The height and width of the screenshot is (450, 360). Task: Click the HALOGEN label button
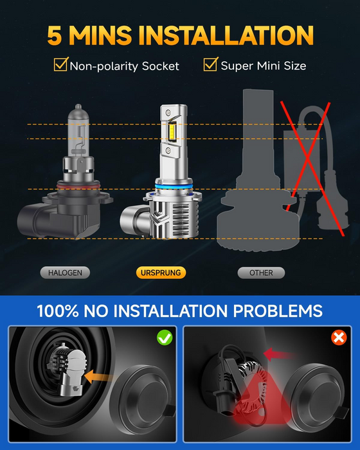(x=65, y=273)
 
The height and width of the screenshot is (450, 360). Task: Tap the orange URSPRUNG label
(x=161, y=273)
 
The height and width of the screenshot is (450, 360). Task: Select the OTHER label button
(x=261, y=273)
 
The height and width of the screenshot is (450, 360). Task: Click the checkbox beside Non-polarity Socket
(x=61, y=64)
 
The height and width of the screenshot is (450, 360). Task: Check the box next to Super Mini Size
(x=211, y=64)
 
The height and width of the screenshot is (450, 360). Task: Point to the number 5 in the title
(x=55, y=35)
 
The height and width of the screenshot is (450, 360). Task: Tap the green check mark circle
(x=165, y=337)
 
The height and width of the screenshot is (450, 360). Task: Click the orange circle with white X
(x=339, y=337)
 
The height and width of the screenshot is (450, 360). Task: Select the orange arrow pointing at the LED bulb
(x=98, y=376)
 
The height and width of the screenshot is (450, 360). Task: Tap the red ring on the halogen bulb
(x=78, y=186)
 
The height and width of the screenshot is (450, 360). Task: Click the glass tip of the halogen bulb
(x=78, y=107)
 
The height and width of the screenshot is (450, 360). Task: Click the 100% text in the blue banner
(x=57, y=310)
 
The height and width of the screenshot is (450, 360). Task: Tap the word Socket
(x=161, y=66)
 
